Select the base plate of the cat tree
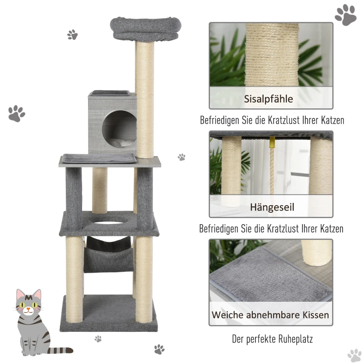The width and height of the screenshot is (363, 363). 109,313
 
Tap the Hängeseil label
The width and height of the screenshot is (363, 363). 272,207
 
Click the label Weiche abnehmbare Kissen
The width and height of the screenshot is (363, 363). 271,314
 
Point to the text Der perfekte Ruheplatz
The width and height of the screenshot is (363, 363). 272,338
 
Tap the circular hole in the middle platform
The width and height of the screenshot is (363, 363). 109,221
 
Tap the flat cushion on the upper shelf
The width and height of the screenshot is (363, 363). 98,158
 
